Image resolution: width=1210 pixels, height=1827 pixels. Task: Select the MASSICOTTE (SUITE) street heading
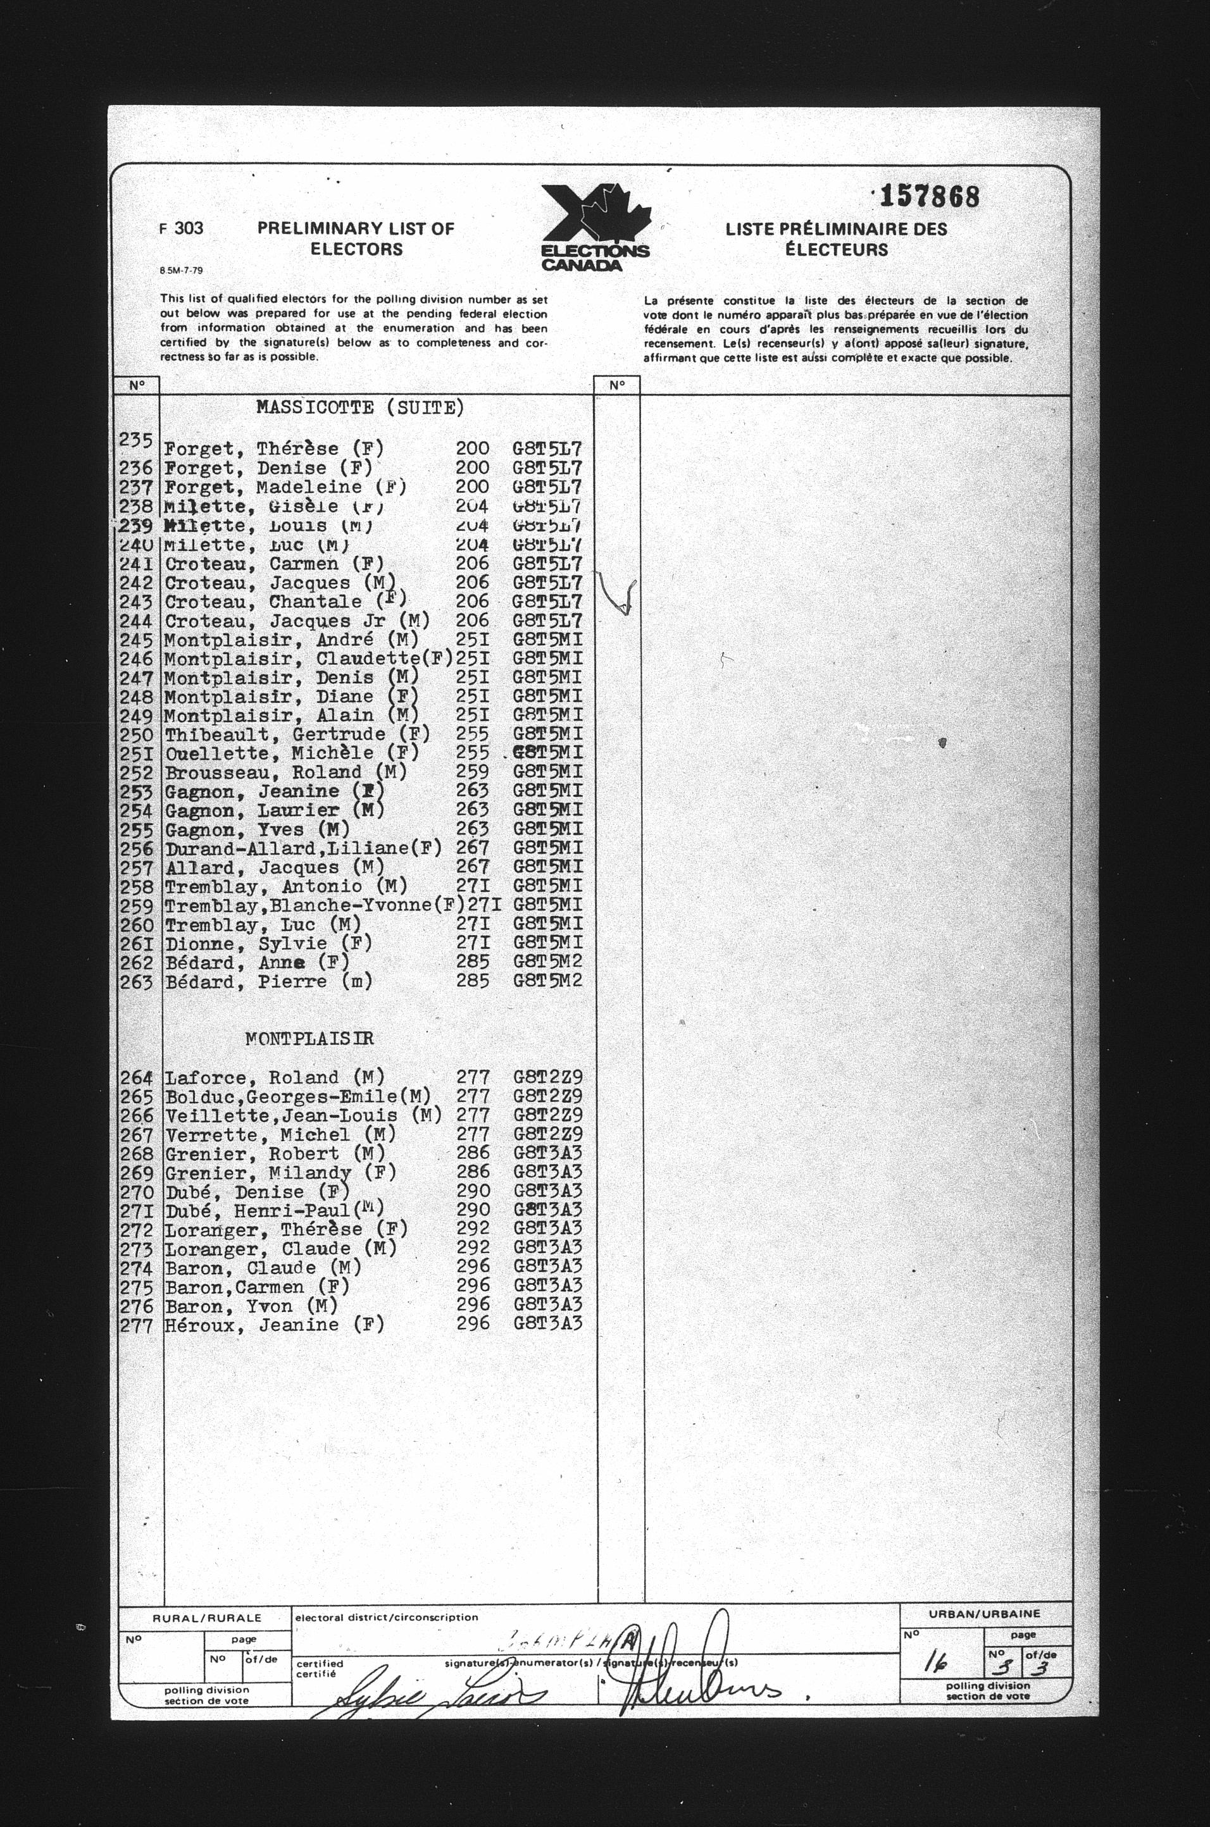(x=359, y=408)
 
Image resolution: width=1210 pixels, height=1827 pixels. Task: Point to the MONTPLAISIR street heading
(x=309, y=1039)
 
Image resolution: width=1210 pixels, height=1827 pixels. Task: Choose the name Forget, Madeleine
(x=285, y=487)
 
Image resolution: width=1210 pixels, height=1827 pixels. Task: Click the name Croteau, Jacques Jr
(x=297, y=621)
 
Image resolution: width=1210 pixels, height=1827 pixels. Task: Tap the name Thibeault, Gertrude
(x=297, y=734)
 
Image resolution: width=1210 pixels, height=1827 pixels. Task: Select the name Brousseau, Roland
(x=285, y=772)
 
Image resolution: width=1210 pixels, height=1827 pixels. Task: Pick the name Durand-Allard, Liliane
(x=302, y=848)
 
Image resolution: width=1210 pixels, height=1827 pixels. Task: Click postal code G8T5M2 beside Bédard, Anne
(x=547, y=962)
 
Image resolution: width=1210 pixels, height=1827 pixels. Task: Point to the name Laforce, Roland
(x=275, y=1077)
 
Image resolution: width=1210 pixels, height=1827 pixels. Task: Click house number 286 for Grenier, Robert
(x=472, y=1153)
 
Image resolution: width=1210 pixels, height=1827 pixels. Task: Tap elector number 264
(x=137, y=1077)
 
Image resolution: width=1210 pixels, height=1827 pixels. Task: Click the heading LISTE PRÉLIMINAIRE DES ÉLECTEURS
(x=836, y=239)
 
